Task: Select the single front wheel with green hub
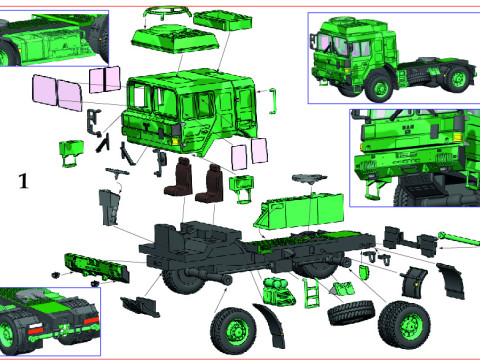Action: [x=236, y=327]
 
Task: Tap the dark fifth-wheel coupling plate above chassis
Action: [x=305, y=182]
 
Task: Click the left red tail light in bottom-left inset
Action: [x=32, y=328]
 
